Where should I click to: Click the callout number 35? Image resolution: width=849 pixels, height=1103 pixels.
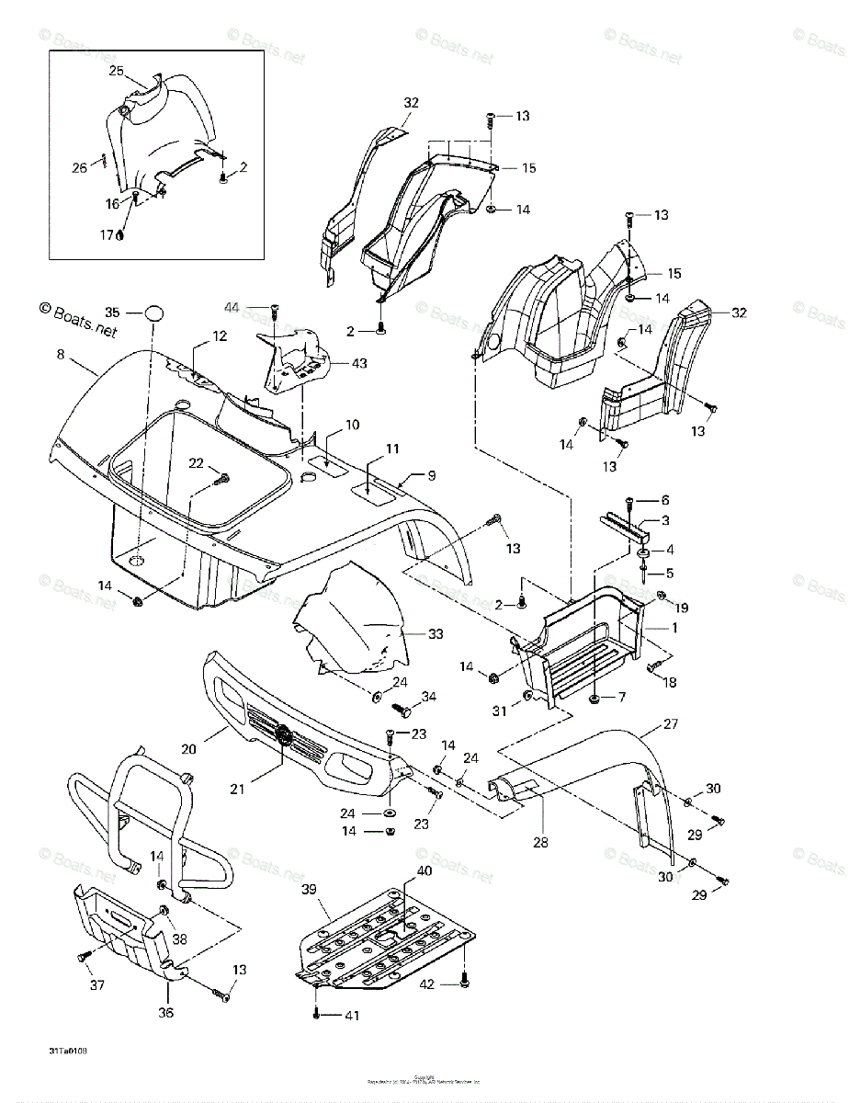pyautogui.click(x=112, y=312)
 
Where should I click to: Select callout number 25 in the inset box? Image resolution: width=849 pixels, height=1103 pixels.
pyautogui.click(x=116, y=71)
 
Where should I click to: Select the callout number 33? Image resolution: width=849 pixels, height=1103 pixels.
pyautogui.click(x=436, y=633)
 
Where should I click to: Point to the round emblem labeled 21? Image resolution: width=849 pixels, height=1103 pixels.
pyautogui.click(x=284, y=735)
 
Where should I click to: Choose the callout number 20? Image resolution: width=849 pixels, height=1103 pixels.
pyautogui.click(x=188, y=749)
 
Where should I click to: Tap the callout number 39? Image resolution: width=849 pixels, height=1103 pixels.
pyautogui.click(x=309, y=889)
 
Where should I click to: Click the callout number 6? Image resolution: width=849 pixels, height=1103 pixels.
pyautogui.click(x=666, y=500)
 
